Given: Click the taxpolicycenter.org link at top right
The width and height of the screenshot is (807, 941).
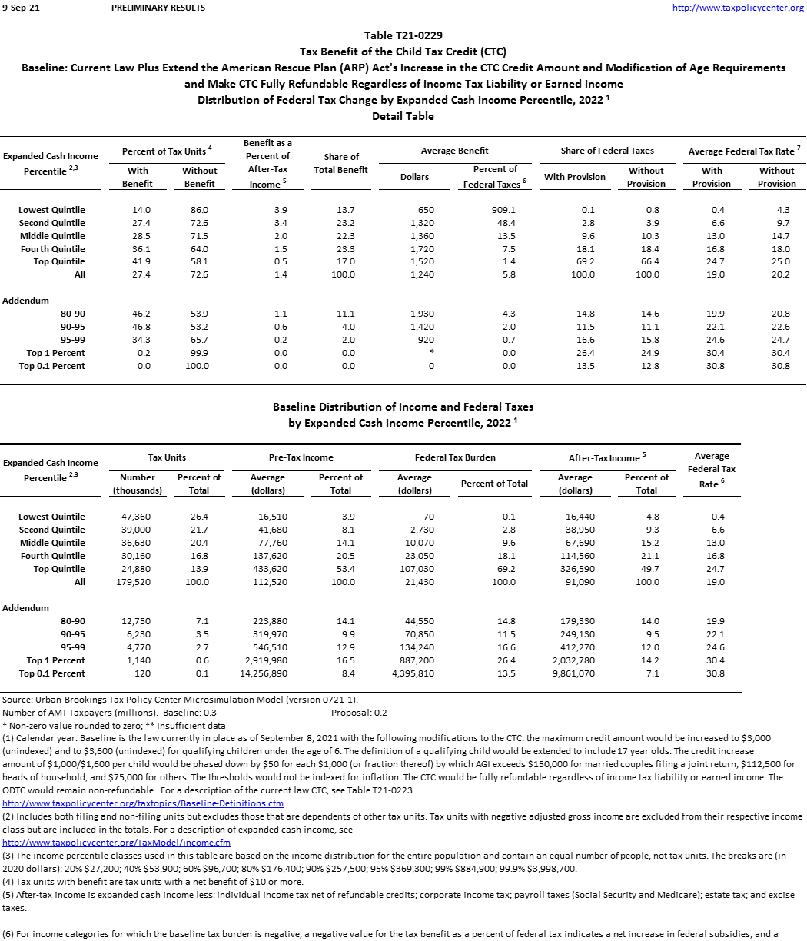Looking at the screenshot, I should pyautogui.click(x=738, y=8).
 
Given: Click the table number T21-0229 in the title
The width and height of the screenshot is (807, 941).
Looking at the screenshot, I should pyautogui.click(x=403, y=35).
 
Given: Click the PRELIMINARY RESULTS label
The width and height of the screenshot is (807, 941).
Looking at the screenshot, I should pyautogui.click(x=158, y=8).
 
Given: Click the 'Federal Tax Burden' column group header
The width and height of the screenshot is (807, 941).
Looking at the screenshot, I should pyautogui.click(x=455, y=457).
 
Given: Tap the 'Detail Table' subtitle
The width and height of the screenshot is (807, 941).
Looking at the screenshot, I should pyautogui.click(x=403, y=116).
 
